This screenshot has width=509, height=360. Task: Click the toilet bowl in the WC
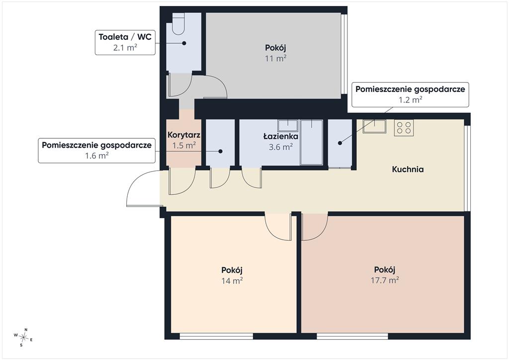[178, 24]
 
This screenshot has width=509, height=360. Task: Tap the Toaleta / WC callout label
[125, 42]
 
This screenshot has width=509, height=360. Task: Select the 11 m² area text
[275, 59]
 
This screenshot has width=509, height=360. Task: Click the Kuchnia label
[408, 169]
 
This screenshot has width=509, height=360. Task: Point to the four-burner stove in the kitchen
[404, 128]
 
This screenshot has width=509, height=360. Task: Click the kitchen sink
[375, 126]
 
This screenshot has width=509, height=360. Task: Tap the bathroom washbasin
[288, 125]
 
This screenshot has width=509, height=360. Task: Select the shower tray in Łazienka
[312, 143]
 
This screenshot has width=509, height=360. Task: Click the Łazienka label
[280, 137]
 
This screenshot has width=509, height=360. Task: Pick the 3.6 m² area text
[281, 147]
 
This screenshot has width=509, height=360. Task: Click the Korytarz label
[184, 135]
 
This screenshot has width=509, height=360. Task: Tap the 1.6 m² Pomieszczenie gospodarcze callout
[97, 150]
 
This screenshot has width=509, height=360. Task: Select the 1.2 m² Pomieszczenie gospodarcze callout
[410, 94]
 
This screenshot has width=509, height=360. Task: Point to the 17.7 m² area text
[385, 280]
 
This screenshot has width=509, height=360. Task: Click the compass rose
[24, 337]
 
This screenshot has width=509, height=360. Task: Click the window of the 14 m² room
[216, 336]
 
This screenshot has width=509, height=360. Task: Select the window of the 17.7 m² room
[352, 336]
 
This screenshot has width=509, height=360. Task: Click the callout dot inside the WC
[184, 43]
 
